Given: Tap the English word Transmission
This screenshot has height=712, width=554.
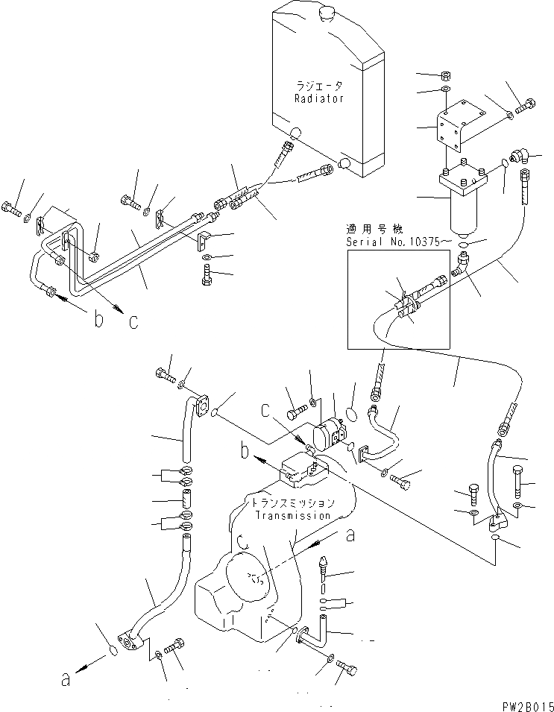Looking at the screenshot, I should pyautogui.click(x=292, y=515).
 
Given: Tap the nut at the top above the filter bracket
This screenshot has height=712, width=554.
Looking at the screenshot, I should pyautogui.click(x=444, y=75).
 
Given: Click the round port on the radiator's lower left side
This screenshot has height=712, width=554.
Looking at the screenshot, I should pyautogui.click(x=295, y=133).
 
